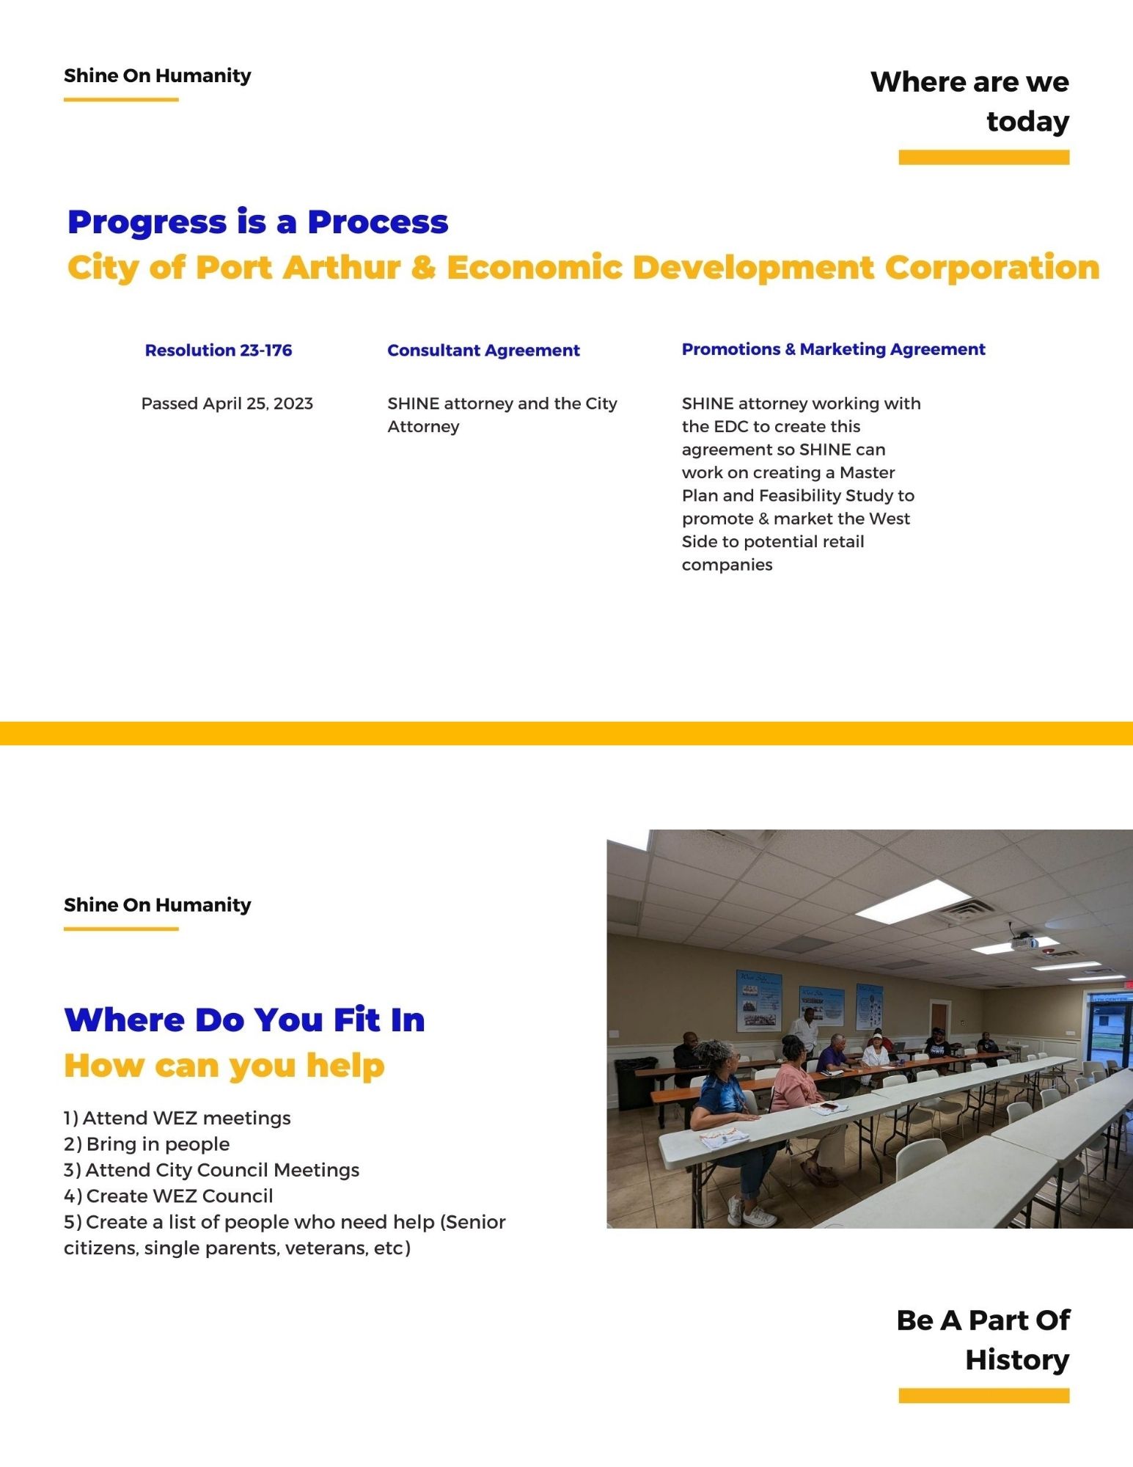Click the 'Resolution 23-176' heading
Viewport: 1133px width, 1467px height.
pyautogui.click(x=219, y=351)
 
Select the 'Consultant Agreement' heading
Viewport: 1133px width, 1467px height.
pyautogui.click(x=483, y=351)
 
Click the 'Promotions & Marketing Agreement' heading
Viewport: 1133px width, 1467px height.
pyautogui.click(x=833, y=350)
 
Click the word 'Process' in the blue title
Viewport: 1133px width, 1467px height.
pyautogui.click(x=378, y=222)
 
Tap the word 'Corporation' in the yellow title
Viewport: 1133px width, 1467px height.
pyautogui.click(x=992, y=268)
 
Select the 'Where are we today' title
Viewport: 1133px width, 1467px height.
pyautogui.click(x=969, y=101)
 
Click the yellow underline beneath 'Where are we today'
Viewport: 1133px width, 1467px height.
pyautogui.click(x=983, y=157)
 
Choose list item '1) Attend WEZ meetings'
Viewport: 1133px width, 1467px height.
pyautogui.click(x=177, y=1118)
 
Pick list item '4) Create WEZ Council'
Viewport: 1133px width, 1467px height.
pyautogui.click(x=169, y=1196)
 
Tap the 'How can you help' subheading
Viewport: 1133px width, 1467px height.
pyautogui.click(x=224, y=1066)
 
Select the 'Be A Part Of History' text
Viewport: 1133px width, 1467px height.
pyautogui.click(x=983, y=1339)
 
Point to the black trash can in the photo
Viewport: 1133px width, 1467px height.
pyautogui.click(x=635, y=1083)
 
